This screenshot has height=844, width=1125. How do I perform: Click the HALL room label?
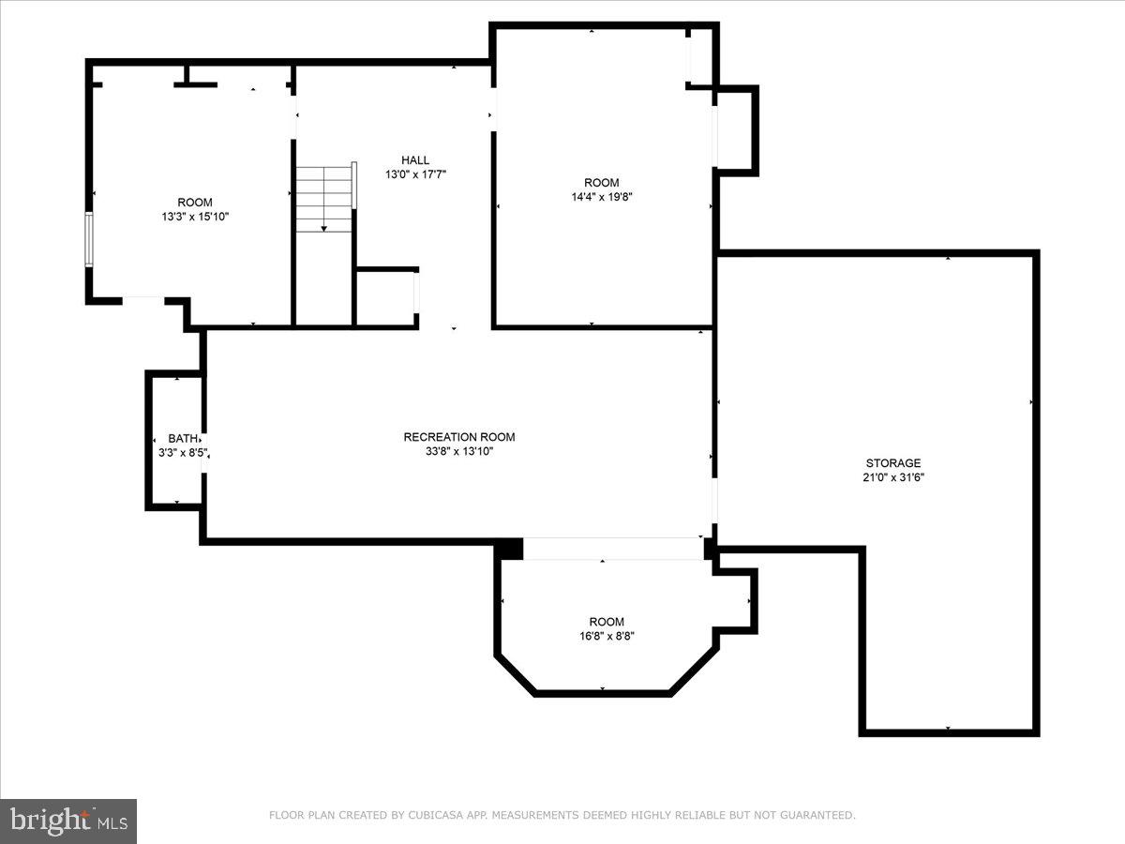point(415,160)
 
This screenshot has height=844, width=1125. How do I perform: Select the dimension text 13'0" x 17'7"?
point(415,174)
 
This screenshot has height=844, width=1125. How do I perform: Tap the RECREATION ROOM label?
point(459,437)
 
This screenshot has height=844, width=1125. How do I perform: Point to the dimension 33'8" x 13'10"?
point(459,451)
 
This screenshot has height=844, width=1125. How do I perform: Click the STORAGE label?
point(892,463)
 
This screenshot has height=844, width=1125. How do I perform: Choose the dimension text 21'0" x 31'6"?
point(892,477)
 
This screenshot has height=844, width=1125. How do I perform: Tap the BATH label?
point(183,439)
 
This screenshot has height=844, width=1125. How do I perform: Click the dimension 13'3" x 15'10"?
point(195,217)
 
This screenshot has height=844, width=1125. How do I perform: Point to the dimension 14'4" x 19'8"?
point(601,197)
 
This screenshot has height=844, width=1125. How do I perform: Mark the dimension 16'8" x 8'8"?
point(606,637)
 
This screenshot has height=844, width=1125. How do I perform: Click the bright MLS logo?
point(68,821)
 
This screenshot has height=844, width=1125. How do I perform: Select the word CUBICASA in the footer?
point(434,816)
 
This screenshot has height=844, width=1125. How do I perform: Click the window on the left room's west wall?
point(90,240)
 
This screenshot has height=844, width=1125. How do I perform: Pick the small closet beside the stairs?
point(386,298)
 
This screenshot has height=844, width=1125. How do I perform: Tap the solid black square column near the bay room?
point(509,550)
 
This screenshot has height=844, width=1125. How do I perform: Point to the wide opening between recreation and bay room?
point(613,549)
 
